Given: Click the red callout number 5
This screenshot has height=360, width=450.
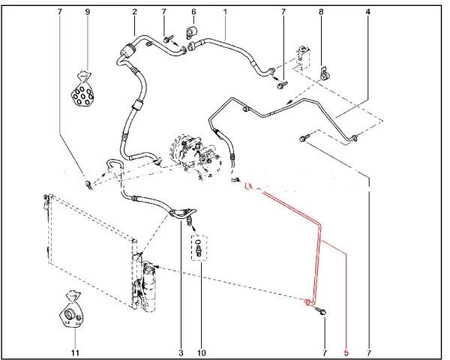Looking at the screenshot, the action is [346, 352].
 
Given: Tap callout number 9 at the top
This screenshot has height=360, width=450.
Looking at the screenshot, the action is [88, 12].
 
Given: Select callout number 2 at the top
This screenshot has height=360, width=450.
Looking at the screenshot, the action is [134, 12].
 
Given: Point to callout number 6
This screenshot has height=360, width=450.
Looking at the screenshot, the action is [193, 12].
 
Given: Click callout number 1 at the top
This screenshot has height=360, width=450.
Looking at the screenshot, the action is [225, 12].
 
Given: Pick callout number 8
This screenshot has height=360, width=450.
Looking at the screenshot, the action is [321, 12].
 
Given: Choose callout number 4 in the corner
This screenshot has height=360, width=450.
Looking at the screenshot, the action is [368, 12].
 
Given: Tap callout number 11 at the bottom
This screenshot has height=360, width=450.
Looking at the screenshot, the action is [75, 352].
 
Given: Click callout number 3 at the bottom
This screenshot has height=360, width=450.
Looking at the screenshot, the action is [181, 352].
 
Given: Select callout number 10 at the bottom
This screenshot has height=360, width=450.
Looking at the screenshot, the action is [202, 352].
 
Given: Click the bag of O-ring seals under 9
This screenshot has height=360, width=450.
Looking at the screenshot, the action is [82, 91].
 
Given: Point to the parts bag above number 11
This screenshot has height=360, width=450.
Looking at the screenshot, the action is [70, 310].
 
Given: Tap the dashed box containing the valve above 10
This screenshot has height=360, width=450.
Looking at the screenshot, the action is [199, 248].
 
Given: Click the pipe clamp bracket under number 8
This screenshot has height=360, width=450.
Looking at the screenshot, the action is [325, 74].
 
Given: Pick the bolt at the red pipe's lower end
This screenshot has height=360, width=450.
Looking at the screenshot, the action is [321, 310].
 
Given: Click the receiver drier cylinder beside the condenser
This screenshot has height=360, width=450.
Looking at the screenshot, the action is [149, 287].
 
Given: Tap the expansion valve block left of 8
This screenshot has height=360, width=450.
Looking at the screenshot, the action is [302, 58].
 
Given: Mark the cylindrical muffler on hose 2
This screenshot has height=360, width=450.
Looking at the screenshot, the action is [126, 49].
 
